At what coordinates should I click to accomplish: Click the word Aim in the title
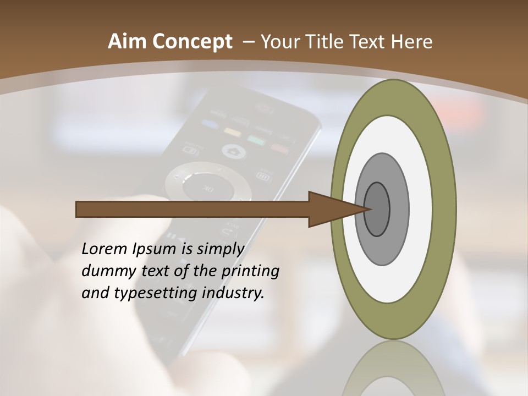click(x=125, y=42)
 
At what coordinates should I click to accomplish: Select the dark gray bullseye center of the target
click(x=377, y=210)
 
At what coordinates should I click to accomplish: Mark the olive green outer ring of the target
click(x=447, y=209)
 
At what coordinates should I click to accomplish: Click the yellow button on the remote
click(x=233, y=131)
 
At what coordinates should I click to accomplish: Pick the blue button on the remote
click(x=210, y=124)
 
